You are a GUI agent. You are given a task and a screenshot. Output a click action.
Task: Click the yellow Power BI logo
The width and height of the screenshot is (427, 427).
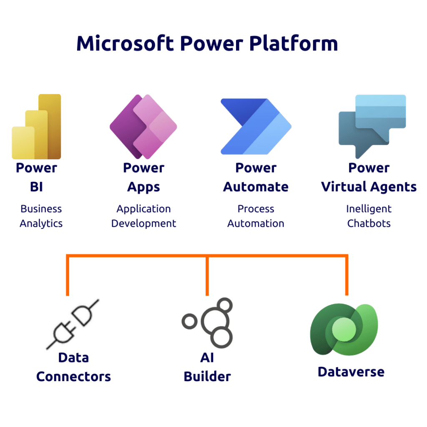37,127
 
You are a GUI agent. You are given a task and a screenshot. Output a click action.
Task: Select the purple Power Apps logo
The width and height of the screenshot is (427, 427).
143,127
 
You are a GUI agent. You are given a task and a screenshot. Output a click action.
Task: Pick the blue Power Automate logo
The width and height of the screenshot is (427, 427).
256,127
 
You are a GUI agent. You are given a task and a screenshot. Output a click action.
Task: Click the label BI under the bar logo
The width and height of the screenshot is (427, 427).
36,187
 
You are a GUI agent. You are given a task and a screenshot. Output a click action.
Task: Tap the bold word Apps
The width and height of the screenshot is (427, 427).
143,187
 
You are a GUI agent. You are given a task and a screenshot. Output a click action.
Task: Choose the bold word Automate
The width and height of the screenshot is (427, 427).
256,187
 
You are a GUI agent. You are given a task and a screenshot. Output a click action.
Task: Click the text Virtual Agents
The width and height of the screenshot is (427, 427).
369,187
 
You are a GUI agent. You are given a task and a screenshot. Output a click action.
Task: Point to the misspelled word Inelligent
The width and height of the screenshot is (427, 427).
369,209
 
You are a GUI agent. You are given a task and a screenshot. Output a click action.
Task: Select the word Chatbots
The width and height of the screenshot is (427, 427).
369,224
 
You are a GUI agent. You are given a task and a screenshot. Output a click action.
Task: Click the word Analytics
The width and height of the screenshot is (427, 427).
41,224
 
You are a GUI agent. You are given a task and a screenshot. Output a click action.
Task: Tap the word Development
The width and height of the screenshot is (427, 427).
143,224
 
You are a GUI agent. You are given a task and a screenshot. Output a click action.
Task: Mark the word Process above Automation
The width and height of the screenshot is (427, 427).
256,209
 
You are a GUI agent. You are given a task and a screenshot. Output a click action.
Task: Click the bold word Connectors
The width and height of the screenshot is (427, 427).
73,377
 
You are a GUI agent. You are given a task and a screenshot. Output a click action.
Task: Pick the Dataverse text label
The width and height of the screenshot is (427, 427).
351,372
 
